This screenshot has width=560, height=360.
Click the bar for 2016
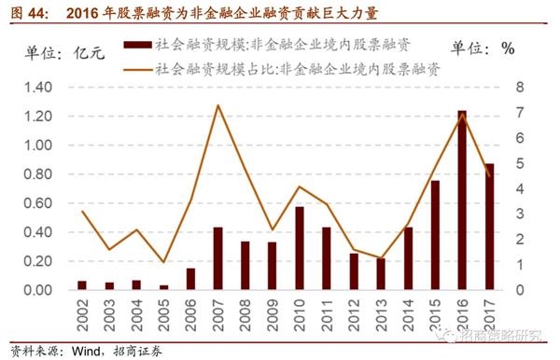pos(462,201)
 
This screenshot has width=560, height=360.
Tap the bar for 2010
pos(299,248)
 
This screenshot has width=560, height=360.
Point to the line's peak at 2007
pos(217,105)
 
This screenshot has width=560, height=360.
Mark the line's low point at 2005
pos(163,262)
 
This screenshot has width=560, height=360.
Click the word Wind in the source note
pos(79,351)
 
